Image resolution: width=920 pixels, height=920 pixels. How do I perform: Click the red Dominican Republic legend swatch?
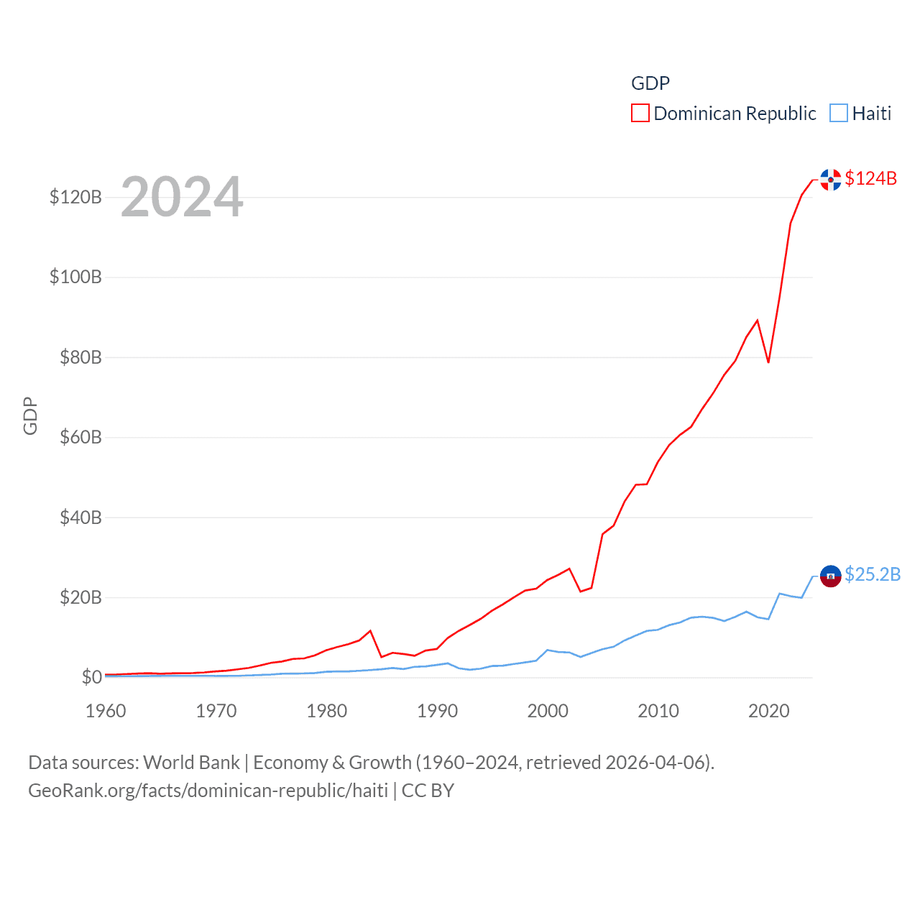pyautogui.click(x=640, y=114)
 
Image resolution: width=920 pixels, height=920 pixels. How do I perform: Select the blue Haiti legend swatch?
pyautogui.click(x=838, y=114)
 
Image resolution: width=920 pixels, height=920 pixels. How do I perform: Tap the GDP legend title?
pyautogui.click(x=650, y=83)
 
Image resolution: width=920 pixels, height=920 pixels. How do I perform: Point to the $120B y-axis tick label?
pyautogui.click(x=75, y=197)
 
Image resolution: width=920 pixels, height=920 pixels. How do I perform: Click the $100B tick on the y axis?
pyautogui.click(x=75, y=277)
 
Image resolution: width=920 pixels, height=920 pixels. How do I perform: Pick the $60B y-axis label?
pyautogui.click(x=80, y=437)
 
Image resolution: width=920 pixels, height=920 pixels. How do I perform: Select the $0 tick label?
pyautogui.click(x=91, y=677)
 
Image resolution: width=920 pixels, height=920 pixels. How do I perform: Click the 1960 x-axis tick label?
pyautogui.click(x=106, y=711)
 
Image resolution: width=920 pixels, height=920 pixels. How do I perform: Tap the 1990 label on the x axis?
pyautogui.click(x=437, y=711)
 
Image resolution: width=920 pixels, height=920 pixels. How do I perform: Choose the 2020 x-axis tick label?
pyautogui.click(x=768, y=711)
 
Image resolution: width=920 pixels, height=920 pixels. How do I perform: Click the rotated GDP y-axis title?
pyautogui.click(x=30, y=415)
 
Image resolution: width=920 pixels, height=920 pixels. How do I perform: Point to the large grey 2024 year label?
pyautogui.click(x=182, y=197)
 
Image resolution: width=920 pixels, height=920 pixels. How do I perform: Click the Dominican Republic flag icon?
pyautogui.click(x=830, y=180)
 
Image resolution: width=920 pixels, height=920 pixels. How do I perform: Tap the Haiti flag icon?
pyautogui.click(x=830, y=576)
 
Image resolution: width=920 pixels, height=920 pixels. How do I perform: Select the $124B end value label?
pyautogui.click(x=870, y=178)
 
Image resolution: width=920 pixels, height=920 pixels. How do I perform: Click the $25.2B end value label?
pyautogui.click(x=873, y=574)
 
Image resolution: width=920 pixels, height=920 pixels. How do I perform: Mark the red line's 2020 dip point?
pyautogui.click(x=768, y=362)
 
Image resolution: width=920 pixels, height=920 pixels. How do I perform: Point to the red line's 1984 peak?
pyautogui.click(x=370, y=630)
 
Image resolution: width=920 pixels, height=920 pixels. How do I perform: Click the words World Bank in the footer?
pyautogui.click(x=191, y=762)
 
